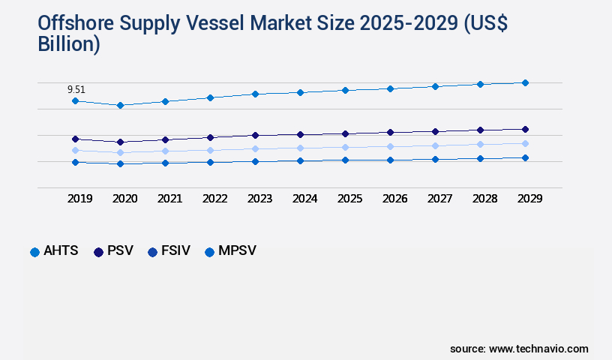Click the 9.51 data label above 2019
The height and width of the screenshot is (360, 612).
(76, 89)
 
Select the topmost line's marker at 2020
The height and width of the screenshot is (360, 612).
(120, 105)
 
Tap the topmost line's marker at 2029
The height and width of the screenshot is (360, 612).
(525, 82)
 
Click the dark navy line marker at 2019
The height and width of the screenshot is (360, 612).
(75, 139)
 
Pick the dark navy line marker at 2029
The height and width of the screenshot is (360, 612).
(525, 129)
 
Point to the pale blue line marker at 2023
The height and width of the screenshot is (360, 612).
(255, 148)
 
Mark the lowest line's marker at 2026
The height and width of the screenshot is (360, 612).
(390, 160)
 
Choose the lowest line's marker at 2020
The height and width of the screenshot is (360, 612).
(120, 163)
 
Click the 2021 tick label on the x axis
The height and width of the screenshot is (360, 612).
(169, 199)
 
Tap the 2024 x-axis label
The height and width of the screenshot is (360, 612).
(304, 199)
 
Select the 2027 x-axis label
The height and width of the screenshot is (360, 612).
(439, 199)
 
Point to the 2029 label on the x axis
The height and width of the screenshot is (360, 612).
(529, 199)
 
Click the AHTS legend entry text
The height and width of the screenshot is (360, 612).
(61, 251)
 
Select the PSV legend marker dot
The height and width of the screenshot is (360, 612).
(98, 252)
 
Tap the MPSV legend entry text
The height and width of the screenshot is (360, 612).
(237, 251)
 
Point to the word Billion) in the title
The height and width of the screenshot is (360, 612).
(68, 44)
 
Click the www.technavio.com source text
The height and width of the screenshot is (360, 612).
(538, 349)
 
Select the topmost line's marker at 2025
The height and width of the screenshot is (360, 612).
(345, 90)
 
